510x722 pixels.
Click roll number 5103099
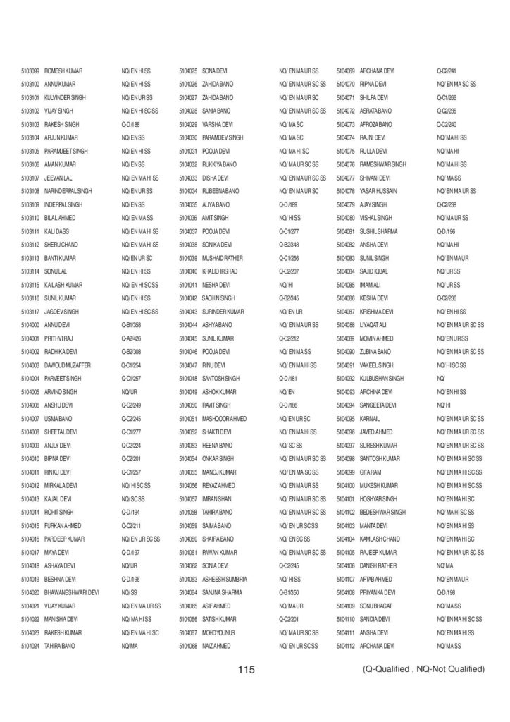(30, 71)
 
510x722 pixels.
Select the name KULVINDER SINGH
(66, 97)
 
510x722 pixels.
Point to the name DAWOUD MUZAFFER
(68, 365)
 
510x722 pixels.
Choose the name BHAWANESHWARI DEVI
(72, 592)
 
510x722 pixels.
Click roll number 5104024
(30, 645)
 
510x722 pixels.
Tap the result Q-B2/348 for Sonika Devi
(290, 245)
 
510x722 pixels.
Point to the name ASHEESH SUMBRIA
(225, 578)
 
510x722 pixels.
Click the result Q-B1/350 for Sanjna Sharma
(290, 592)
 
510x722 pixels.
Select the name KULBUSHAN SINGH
(382, 379)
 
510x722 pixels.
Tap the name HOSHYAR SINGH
(379, 499)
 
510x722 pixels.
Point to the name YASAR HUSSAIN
(378, 191)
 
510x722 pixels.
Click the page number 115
(246, 670)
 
